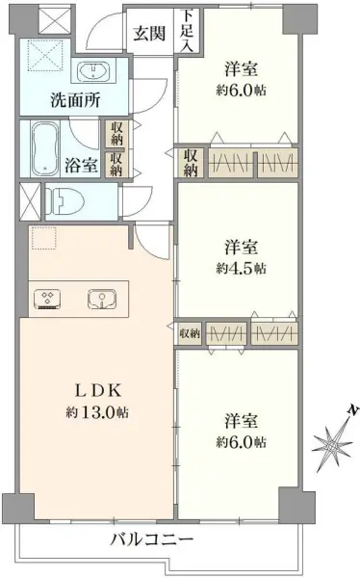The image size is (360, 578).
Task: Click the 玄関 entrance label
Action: [149, 36]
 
